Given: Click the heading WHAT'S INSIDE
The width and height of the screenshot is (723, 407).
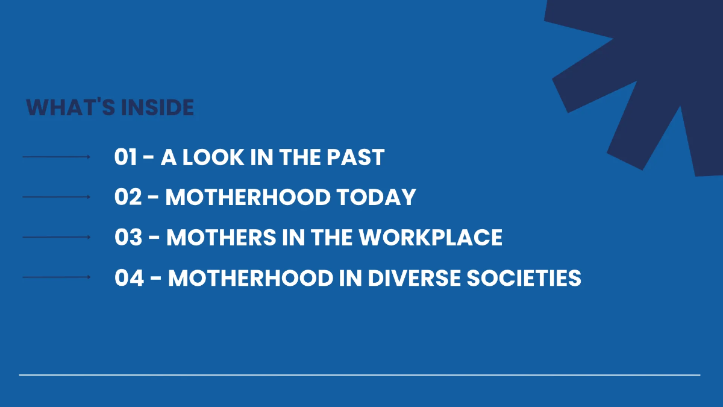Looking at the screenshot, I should (x=110, y=108).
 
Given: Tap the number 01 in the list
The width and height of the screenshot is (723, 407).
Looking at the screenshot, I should (x=126, y=157).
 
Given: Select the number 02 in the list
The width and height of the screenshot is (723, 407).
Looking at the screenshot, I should (x=128, y=197).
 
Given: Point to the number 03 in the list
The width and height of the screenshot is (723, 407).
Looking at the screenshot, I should (x=128, y=238).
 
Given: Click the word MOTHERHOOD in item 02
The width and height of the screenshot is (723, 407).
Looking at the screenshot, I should (x=247, y=197).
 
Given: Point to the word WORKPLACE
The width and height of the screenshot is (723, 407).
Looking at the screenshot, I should (x=431, y=238).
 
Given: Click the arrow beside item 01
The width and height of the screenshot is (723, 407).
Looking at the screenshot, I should (x=56, y=157).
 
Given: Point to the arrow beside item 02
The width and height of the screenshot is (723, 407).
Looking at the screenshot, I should (x=56, y=197).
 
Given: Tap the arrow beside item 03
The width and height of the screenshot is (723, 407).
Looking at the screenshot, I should (x=56, y=238).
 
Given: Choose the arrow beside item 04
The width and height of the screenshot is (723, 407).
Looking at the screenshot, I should (x=56, y=277).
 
